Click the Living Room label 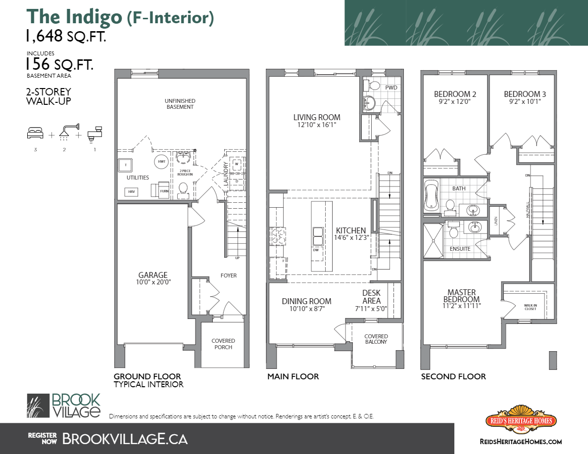click(317, 117)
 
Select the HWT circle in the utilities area click(161, 162)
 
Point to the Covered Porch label click(223, 344)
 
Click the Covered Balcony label click(376, 339)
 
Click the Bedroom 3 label click(525, 94)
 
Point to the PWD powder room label click(391, 88)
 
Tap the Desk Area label click(371, 297)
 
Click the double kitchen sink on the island click(317, 236)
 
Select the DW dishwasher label click(315, 250)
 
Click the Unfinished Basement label click(180, 103)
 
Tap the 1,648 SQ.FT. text click(66, 36)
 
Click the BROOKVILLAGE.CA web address click(125, 438)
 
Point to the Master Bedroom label click(461, 296)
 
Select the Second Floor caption click(453, 376)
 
